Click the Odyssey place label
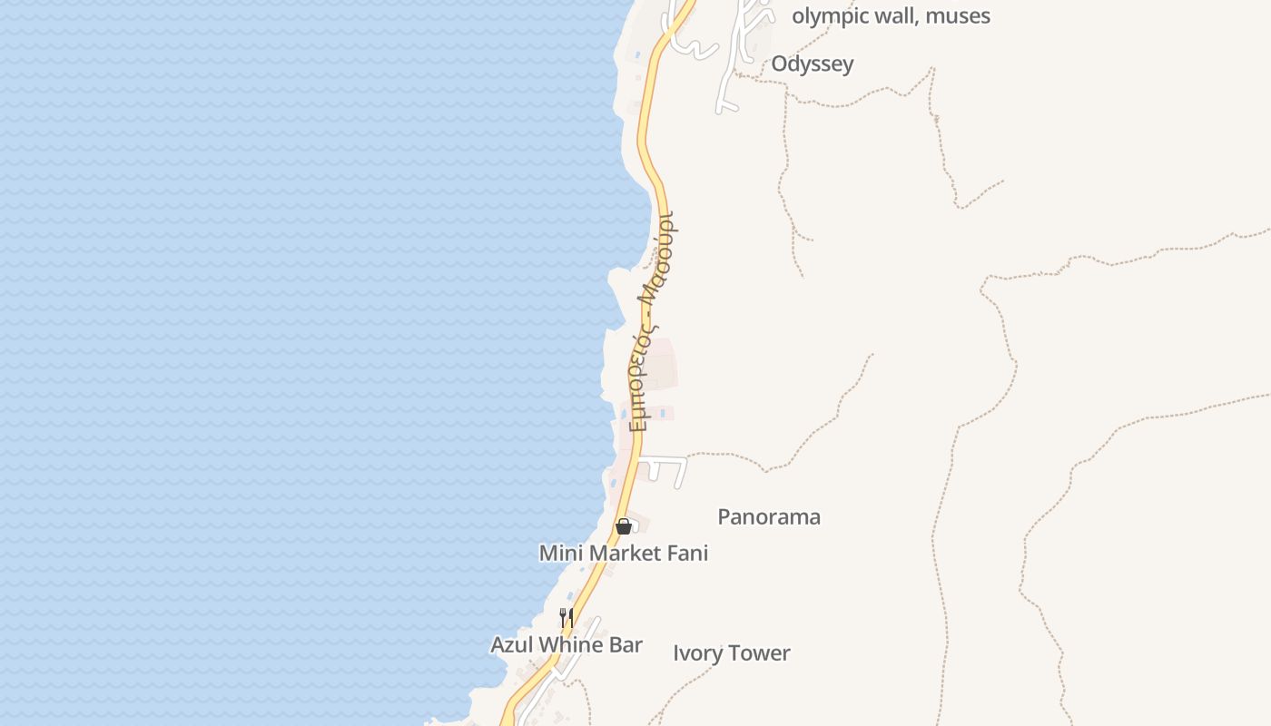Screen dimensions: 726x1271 [x=812, y=64]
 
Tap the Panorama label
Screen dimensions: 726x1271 [x=769, y=517]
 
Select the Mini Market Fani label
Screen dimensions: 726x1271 [x=623, y=553]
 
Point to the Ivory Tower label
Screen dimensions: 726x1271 [x=731, y=653]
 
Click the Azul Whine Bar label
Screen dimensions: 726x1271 [x=567, y=645]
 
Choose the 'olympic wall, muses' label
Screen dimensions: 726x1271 [x=891, y=15]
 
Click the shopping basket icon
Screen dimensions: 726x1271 [x=624, y=526]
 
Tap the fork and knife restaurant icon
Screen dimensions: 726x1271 [x=566, y=618]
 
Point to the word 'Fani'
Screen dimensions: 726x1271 [x=687, y=553]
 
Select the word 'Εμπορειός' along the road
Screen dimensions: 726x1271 [x=640, y=377]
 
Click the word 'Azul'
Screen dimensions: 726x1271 [x=512, y=645]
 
